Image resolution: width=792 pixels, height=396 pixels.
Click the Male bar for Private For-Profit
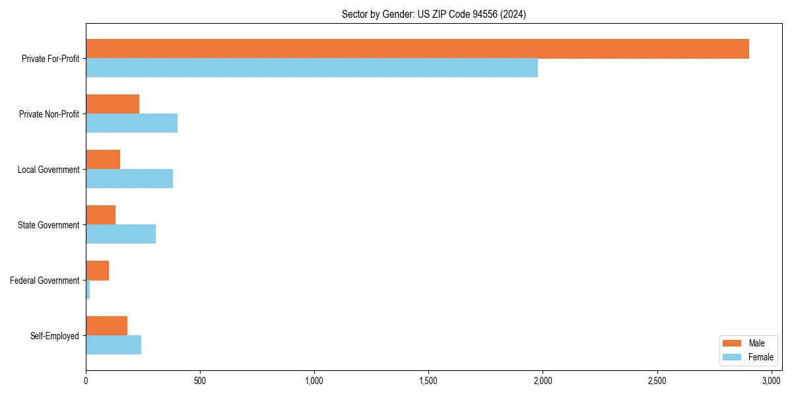(x=417, y=49)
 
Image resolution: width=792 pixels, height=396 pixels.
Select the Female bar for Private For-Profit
(x=312, y=68)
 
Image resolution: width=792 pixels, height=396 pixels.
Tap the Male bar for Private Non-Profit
(x=112, y=104)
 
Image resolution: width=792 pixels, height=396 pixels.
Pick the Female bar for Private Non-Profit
(x=131, y=123)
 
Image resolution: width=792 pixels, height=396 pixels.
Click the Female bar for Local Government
(x=129, y=179)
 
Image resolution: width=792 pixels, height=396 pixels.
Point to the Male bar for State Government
(x=100, y=215)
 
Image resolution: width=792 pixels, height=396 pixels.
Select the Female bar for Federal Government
(x=88, y=290)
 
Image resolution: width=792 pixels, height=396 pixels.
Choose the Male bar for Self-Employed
(x=106, y=326)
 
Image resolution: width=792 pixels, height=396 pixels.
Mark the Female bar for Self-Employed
(x=114, y=345)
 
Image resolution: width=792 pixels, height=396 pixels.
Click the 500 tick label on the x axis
(x=200, y=381)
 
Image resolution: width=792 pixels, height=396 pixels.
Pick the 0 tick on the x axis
(x=86, y=381)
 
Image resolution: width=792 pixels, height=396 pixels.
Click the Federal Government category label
(x=45, y=280)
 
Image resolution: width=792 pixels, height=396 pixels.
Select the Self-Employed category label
(x=55, y=336)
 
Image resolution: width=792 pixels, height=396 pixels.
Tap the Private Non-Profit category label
(x=49, y=114)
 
